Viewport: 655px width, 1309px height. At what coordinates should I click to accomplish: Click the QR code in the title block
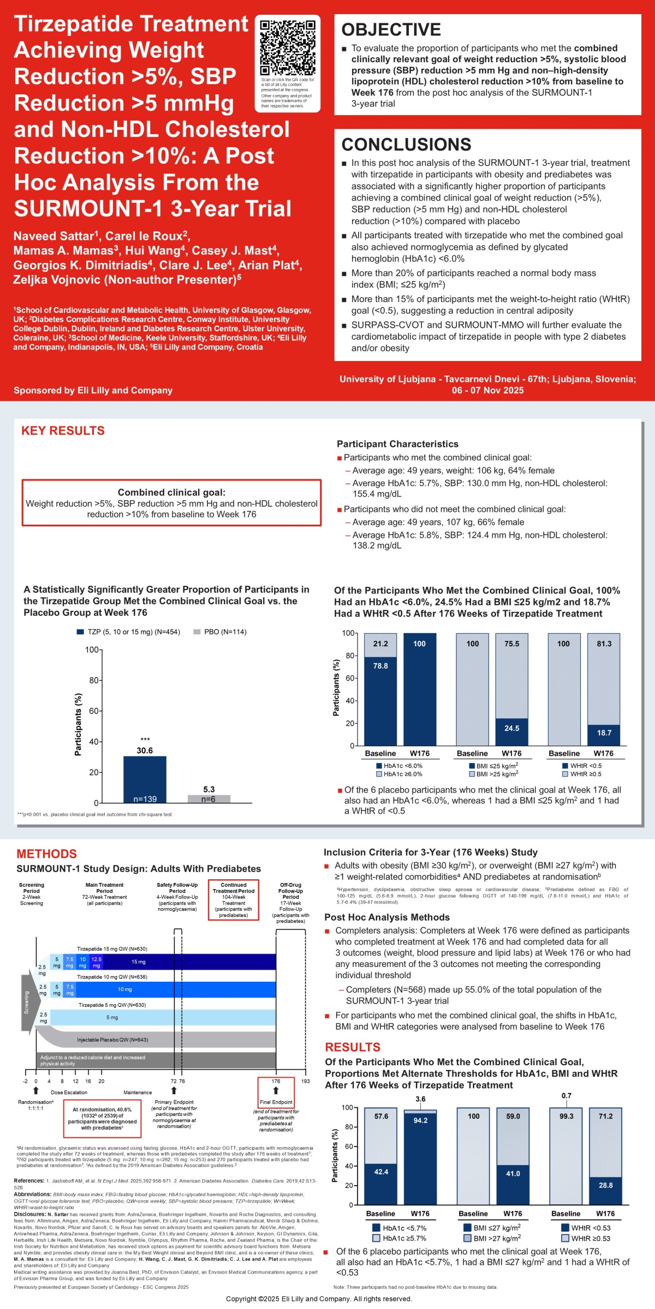click(x=288, y=47)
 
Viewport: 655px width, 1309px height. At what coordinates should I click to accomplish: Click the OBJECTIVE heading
click(x=391, y=29)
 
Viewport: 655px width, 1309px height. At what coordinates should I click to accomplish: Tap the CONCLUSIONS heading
click(x=406, y=145)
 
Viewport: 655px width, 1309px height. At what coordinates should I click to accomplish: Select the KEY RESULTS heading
click(x=63, y=431)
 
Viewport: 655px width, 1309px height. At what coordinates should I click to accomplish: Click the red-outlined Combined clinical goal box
click(x=171, y=503)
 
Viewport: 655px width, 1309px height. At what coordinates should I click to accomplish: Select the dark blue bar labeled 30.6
click(x=145, y=779)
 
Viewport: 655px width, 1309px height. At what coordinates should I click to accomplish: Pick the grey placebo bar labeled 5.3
click(x=209, y=798)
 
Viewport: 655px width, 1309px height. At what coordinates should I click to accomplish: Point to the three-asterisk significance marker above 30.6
click(x=145, y=740)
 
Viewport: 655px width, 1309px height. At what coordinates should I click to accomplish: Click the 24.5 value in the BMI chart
click(x=511, y=728)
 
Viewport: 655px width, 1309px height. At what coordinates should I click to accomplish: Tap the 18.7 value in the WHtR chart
click(x=604, y=733)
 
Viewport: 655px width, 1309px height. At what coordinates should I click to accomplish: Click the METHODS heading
click(x=46, y=854)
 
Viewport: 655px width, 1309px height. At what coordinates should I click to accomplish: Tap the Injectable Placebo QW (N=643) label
click(x=112, y=1040)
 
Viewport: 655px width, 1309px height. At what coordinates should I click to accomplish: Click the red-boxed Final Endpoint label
click(x=276, y=1102)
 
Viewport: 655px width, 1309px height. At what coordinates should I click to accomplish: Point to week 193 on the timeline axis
click(x=305, y=1081)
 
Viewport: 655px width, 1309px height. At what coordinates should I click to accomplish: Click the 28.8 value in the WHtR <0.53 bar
click(x=605, y=1185)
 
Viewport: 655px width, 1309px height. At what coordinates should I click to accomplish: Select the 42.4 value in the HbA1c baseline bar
click(x=381, y=1172)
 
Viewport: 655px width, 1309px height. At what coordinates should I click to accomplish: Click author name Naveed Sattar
click(x=53, y=236)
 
